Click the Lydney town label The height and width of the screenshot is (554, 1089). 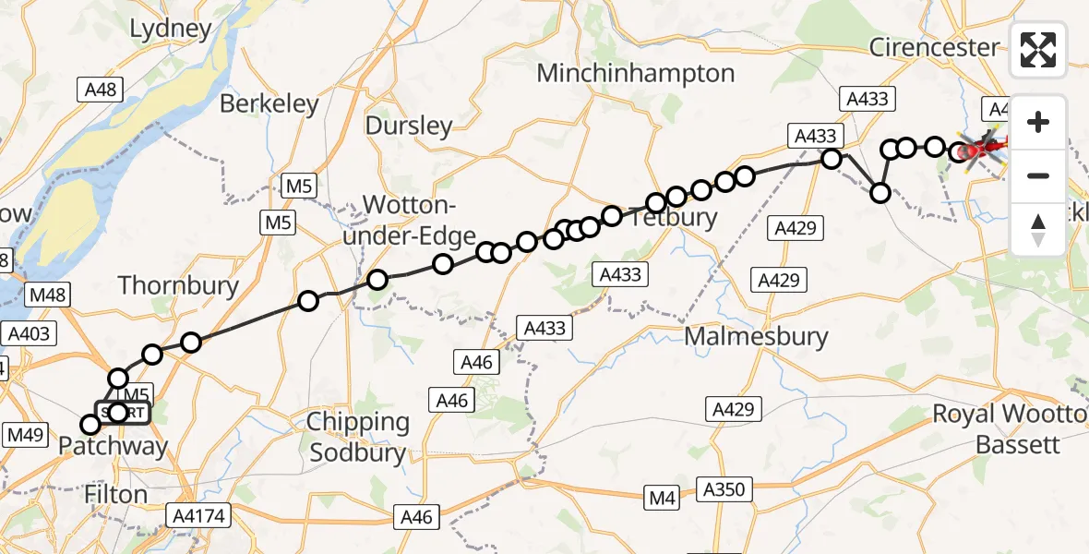171,30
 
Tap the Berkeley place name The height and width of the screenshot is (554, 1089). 269,104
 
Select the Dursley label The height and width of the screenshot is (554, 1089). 409,126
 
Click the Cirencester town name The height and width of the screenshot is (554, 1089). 934,47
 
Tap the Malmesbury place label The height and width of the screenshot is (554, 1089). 756,337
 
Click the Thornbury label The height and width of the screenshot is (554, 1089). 178,285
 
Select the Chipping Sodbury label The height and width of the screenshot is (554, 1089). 358,437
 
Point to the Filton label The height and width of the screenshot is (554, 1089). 115,494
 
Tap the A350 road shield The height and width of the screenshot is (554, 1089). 726,488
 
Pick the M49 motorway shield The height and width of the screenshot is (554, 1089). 27,433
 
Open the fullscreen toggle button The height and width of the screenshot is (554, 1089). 1038,50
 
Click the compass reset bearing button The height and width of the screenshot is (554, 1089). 1038,229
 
